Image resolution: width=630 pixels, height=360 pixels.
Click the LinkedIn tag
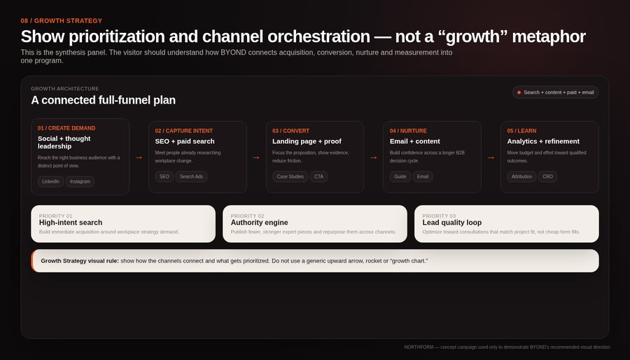point(50,181)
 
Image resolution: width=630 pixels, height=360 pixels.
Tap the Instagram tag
point(80,181)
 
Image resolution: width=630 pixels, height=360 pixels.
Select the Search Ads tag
point(191,176)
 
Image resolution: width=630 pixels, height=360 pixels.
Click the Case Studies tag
point(290,176)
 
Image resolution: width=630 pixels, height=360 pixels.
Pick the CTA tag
point(318,176)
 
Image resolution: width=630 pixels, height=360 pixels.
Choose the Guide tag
point(400,176)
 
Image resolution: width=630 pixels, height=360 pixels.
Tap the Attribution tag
point(521,176)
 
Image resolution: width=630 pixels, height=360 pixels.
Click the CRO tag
point(547,176)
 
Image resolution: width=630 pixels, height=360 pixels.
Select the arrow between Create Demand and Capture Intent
point(139,158)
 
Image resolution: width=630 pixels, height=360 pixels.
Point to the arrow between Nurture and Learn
point(491,158)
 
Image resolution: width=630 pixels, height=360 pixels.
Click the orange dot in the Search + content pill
point(519,92)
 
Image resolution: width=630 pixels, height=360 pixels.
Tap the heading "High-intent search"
point(71,223)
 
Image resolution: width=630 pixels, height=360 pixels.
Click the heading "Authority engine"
point(259,223)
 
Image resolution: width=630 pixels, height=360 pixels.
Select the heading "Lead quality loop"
point(452,223)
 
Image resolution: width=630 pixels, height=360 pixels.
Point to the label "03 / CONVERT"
point(291,131)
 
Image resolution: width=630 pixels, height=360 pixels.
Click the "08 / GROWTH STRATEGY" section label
point(62,21)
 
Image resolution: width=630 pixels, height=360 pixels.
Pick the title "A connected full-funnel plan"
point(104,100)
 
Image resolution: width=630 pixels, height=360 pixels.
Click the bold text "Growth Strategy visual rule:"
point(80,261)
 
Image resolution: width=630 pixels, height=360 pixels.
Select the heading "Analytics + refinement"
point(543,141)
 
